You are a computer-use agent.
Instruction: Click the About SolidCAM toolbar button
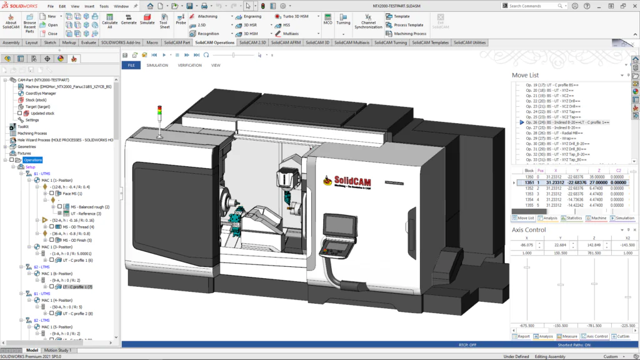coord(11,21)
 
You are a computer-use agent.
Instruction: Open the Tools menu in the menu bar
coord(104,6)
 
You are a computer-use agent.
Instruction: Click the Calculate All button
coord(109,21)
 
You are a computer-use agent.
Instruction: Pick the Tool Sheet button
coord(164,21)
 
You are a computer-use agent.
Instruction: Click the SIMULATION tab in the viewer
coord(157,65)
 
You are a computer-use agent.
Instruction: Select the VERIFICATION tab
coord(189,65)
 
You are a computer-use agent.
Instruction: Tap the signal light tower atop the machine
coord(159,119)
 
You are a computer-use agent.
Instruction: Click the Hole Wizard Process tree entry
coord(65,139)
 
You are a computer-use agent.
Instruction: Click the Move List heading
coord(525,75)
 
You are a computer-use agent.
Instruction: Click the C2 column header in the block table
coord(619,170)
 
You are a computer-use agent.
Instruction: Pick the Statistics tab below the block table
coord(572,218)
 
